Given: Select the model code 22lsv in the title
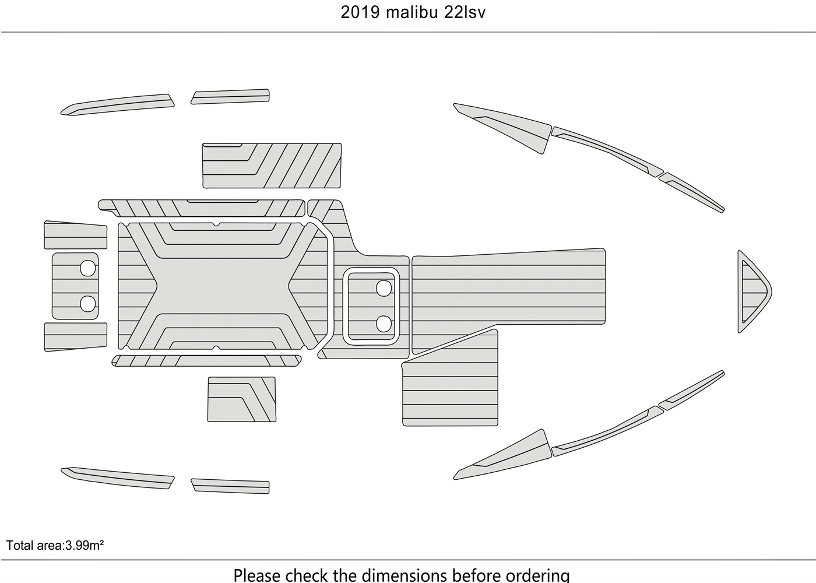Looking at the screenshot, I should point(465,12).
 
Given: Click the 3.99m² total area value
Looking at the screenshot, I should point(85,546).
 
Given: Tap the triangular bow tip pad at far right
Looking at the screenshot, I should point(753,291).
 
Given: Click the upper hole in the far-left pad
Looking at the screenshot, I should point(87,268).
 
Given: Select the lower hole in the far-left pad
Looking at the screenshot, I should point(87,303).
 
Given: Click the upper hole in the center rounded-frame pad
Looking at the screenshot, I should point(384,288).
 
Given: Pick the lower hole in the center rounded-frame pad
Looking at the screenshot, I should point(384,324).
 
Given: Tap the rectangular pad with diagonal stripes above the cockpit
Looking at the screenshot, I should point(272,166).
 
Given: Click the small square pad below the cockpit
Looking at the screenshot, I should point(241,399).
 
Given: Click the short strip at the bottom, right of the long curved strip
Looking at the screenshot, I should point(230,486).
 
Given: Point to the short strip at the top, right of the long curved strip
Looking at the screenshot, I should point(230,97).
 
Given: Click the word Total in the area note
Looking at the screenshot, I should point(19,546).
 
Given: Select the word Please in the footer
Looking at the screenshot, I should point(257,575).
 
